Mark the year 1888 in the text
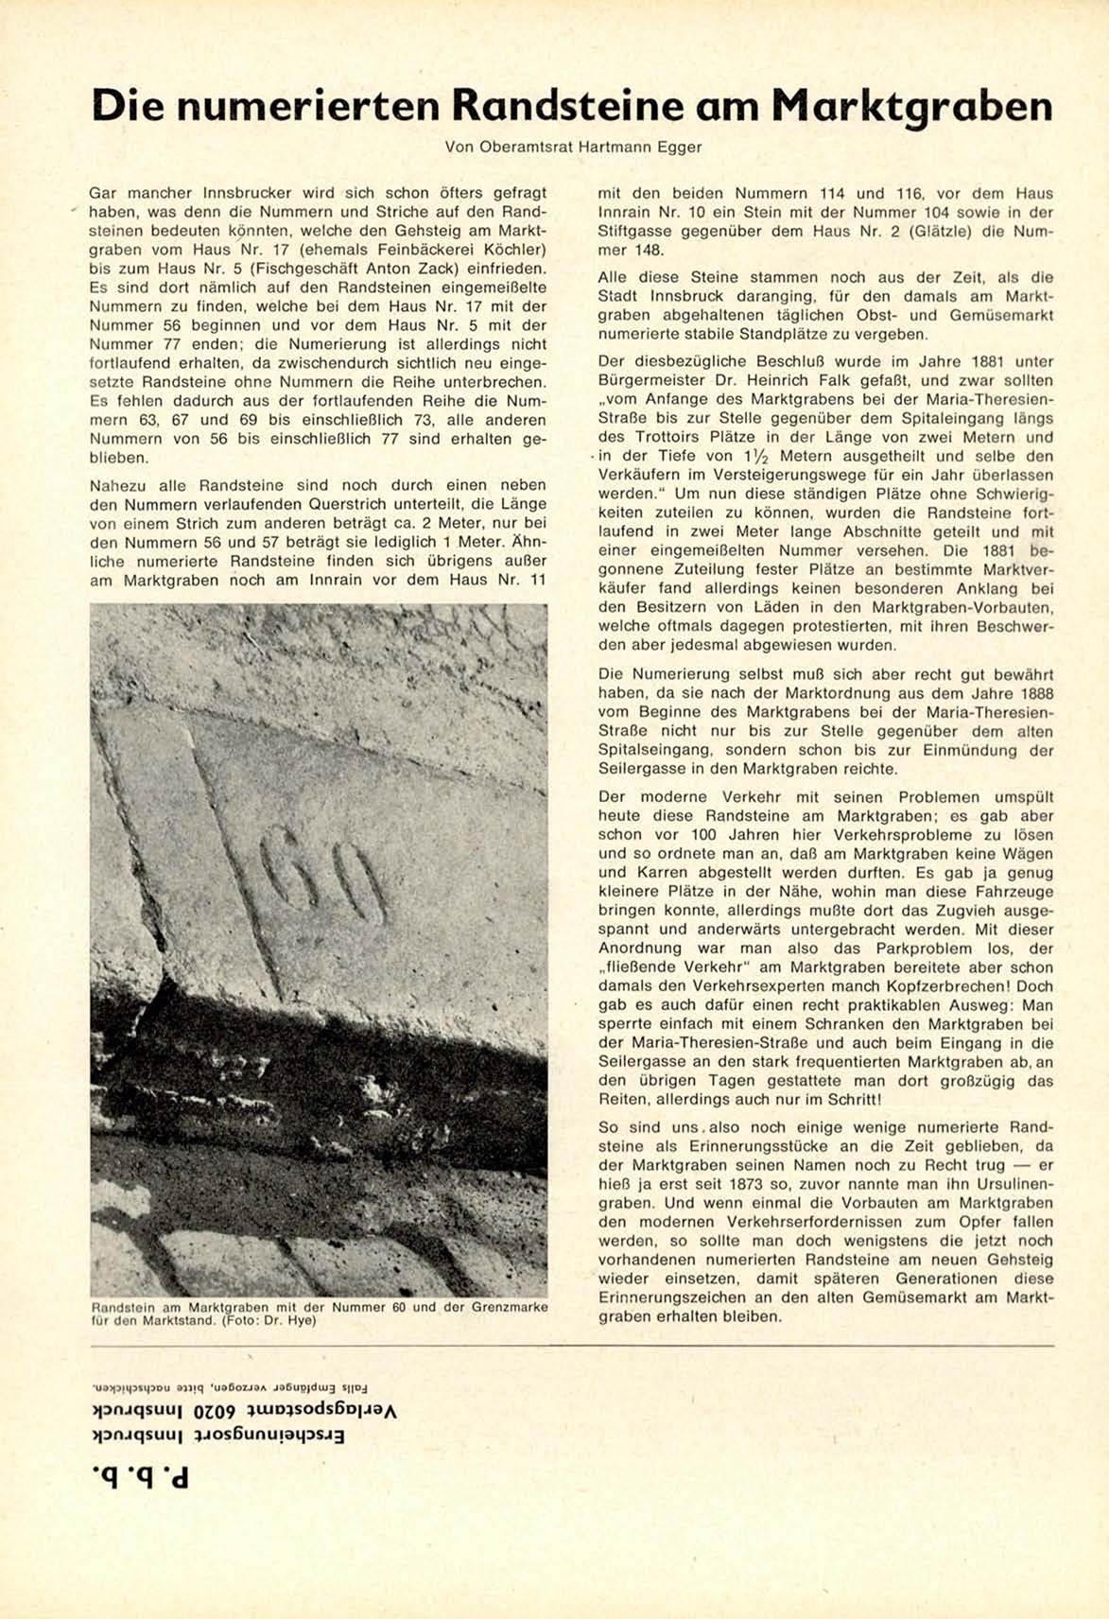click(x=1033, y=693)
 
